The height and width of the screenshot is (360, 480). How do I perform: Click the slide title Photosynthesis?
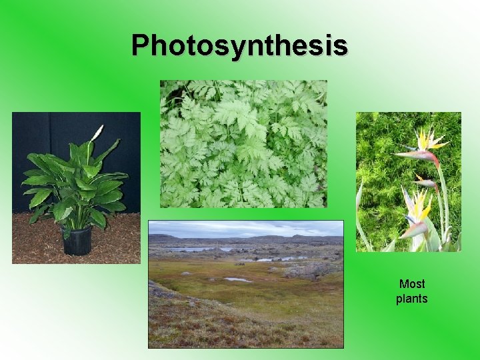[239, 45]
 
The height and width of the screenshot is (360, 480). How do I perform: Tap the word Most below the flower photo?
[411, 284]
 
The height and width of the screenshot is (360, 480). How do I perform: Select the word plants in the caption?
[411, 299]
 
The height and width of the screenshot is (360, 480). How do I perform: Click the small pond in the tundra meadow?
[238, 280]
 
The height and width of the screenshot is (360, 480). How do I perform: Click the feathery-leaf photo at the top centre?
[243, 143]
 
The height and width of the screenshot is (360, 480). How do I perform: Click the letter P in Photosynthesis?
[141, 45]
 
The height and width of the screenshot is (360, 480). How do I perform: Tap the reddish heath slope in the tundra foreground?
[200, 327]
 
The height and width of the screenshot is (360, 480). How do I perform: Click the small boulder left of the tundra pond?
[217, 273]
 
